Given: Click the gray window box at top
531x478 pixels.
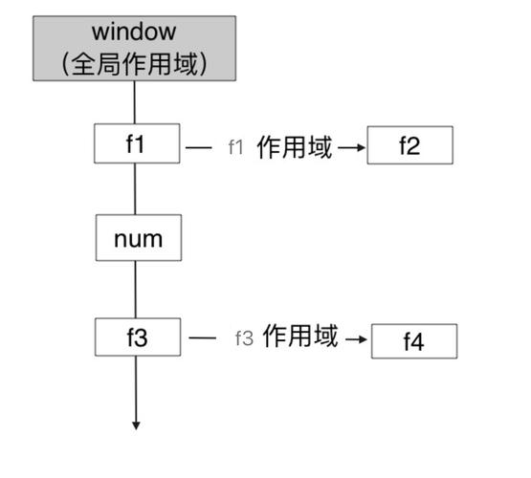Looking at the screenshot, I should coord(134,48).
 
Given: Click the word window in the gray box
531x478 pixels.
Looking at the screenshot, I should coord(134,33).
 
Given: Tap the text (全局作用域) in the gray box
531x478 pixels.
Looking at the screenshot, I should coord(134,64).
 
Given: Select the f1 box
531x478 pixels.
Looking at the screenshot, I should coord(137,145).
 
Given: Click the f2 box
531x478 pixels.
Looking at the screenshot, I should coord(409,147).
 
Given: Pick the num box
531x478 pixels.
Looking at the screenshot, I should coord(138,239).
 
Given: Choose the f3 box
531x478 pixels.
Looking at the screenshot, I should coord(137,337).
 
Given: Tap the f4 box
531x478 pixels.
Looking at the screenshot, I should coord(413,341).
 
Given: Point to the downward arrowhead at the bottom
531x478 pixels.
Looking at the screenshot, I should coord(137,424).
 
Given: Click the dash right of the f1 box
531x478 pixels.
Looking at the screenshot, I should coord(199,148).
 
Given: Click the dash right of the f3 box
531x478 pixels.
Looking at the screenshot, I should coord(202,338).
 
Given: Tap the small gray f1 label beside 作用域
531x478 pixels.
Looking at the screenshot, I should coord(237,147).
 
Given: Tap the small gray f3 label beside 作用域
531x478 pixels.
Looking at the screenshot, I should coord(243,338).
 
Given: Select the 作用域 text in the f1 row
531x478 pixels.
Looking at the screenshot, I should coord(294,147).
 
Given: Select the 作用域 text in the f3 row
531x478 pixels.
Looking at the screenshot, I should coord(299,337).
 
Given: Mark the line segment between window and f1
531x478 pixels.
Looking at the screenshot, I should coord(135,103).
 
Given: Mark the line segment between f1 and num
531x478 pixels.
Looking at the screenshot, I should coord(135,189).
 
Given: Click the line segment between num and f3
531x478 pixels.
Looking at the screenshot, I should coord(136,290).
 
